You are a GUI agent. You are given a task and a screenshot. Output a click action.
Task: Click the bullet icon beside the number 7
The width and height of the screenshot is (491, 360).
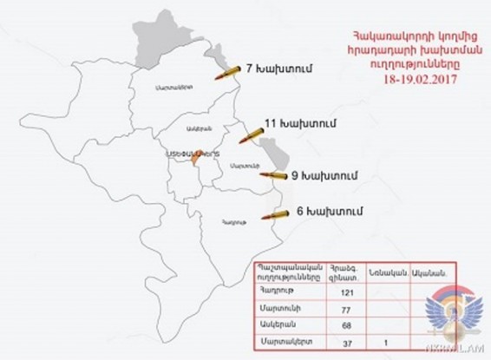pyautogui.click(x=230, y=71)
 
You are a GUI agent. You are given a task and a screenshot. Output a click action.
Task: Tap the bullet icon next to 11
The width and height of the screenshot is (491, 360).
pyautogui.click(x=250, y=137)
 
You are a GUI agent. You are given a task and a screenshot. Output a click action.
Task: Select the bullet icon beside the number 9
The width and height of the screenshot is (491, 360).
pyautogui.click(x=273, y=176)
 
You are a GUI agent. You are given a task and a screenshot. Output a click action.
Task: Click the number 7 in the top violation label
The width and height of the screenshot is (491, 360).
pyautogui.click(x=249, y=68)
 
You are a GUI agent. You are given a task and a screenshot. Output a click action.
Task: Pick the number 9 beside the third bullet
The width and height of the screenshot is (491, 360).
pyautogui.click(x=295, y=174)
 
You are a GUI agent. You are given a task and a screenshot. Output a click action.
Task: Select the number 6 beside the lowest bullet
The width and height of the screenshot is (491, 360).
pyautogui.click(x=299, y=210)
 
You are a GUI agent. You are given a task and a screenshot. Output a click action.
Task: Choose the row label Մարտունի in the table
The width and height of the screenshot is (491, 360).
pyautogui.click(x=276, y=310)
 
